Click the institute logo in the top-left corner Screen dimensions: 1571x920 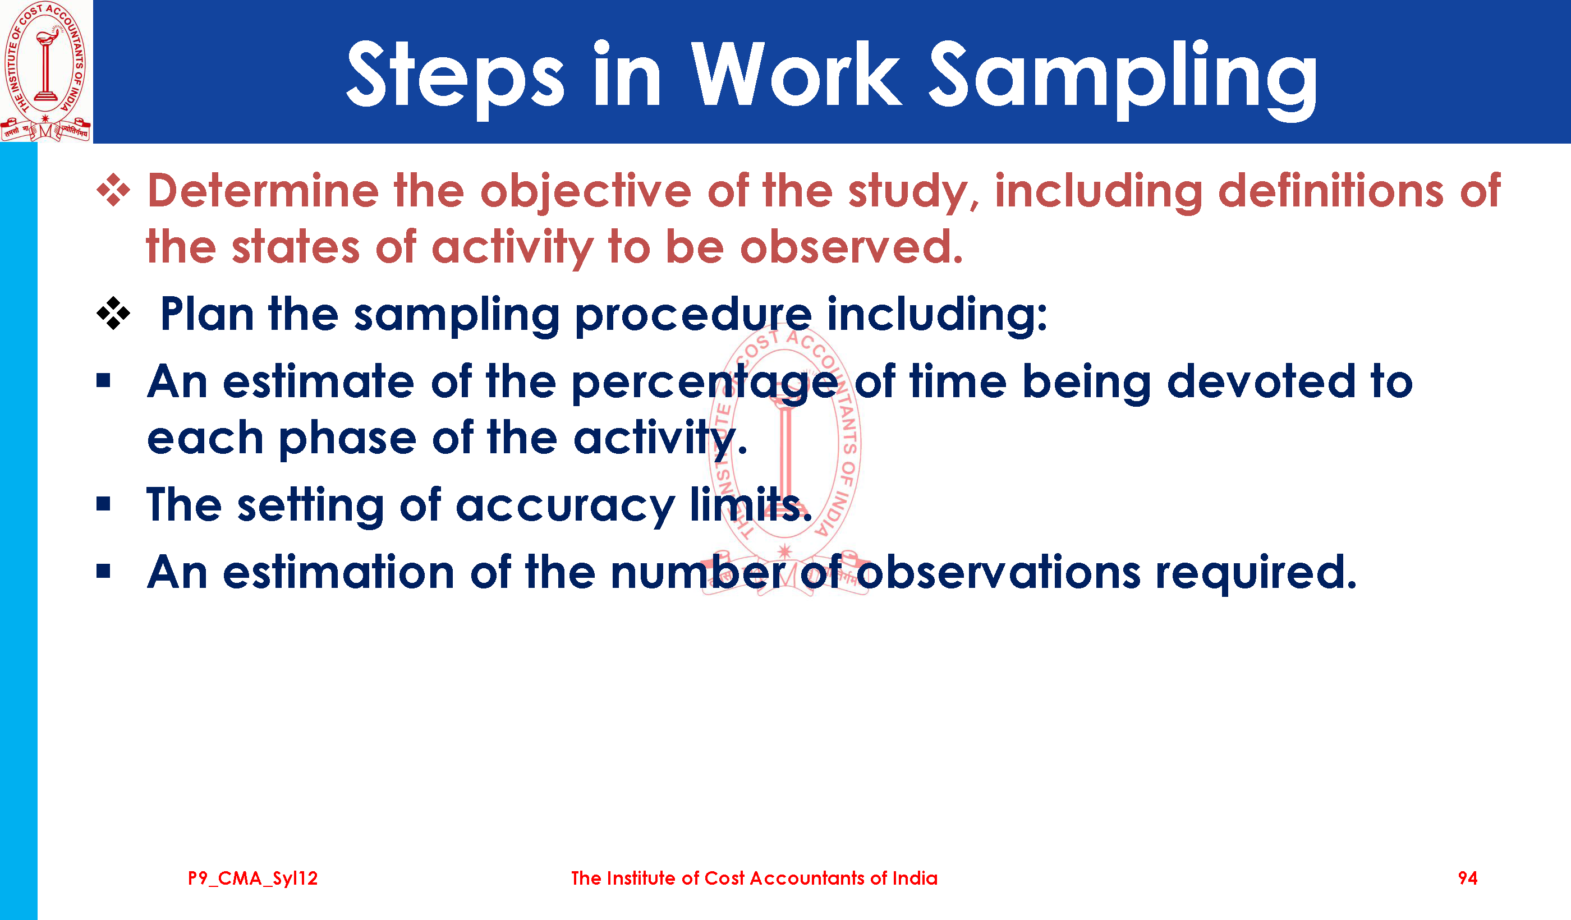(46, 71)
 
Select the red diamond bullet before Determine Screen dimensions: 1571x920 (113, 190)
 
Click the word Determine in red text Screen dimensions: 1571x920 (263, 191)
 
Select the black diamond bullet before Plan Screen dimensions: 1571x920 (113, 313)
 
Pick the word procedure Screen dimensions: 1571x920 (693, 316)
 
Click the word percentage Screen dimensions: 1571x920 (705, 384)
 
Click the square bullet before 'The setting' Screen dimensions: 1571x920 (103, 504)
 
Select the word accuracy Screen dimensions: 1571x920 (566, 507)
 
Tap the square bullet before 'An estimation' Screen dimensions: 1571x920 (103, 571)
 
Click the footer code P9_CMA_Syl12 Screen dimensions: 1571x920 (252, 878)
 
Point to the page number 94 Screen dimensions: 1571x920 (1468, 878)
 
